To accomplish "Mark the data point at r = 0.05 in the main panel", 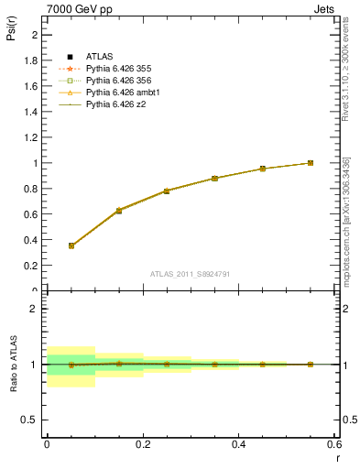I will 71,245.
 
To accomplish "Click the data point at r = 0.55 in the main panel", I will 311,163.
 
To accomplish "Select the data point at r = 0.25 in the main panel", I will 167,191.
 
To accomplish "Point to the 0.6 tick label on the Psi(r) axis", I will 31,214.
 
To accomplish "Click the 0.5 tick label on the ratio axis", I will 31,420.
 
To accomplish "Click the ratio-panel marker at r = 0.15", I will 119,364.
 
